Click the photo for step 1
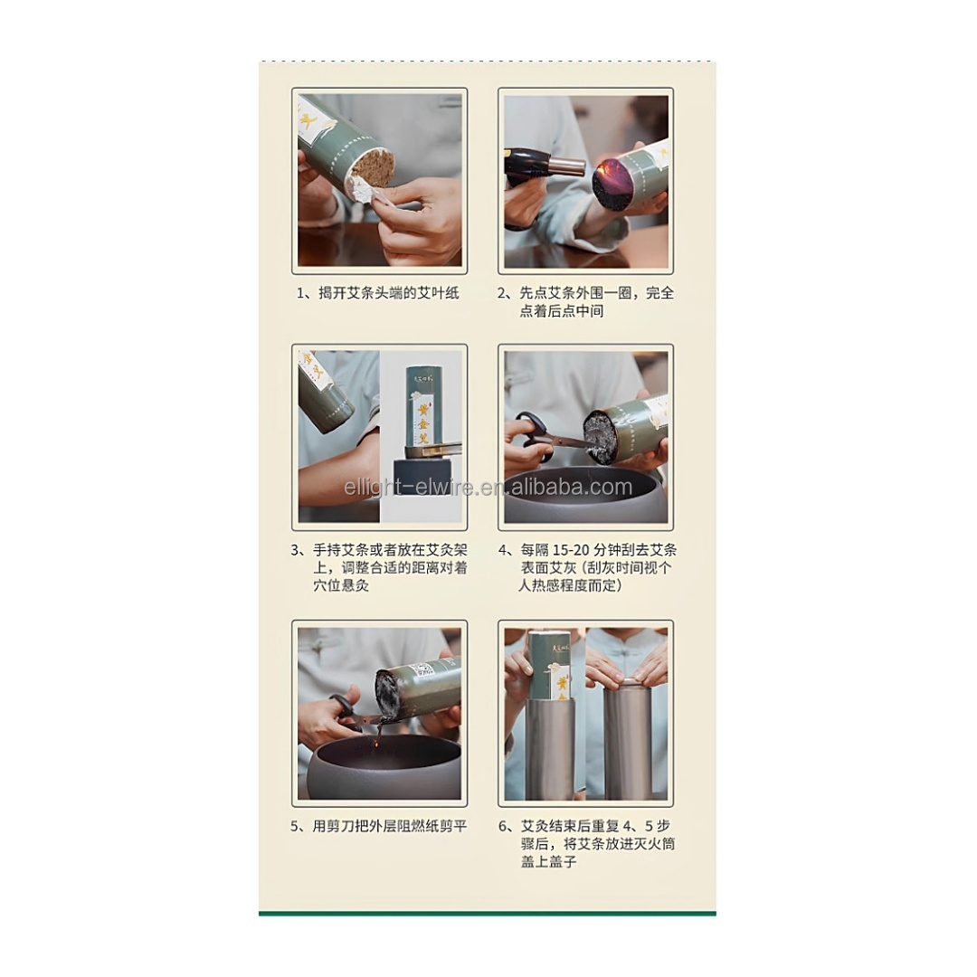click(380, 180)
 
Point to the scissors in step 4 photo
click(541, 435)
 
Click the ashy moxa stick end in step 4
click(601, 436)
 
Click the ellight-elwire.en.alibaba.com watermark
click(488, 488)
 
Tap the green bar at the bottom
click(488, 913)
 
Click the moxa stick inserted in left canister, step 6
click(549, 665)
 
